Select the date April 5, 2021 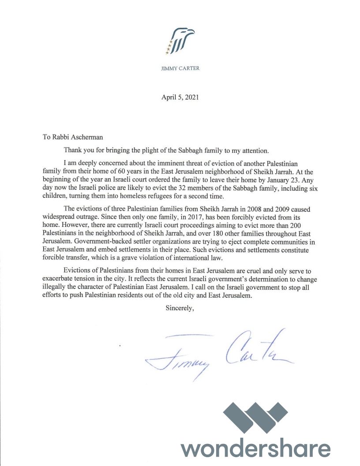click(180, 98)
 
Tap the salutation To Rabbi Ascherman click(74, 137)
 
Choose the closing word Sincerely click(180, 308)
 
